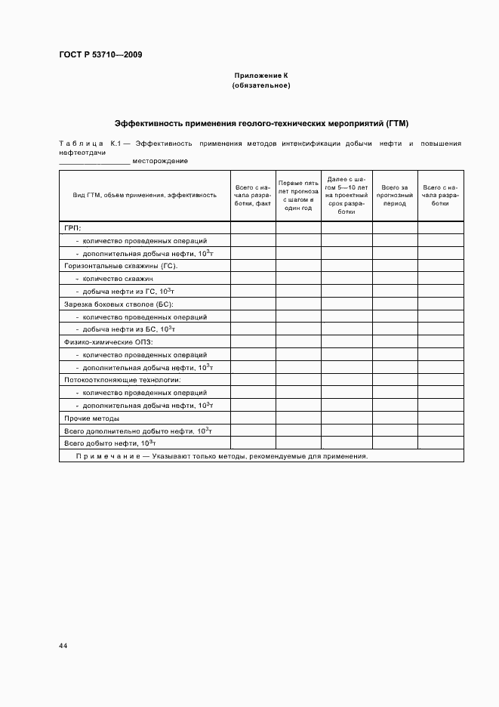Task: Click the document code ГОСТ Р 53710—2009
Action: pos(100,55)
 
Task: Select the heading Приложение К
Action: pos(260,76)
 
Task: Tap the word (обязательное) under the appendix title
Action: pos(260,85)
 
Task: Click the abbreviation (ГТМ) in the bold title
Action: pos(397,122)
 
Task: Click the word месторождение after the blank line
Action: pos(160,161)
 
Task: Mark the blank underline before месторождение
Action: pos(94,162)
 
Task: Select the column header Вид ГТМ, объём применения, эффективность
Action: pos(144,195)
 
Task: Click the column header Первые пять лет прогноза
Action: pos(297,195)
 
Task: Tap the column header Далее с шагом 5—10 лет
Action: pos(346,195)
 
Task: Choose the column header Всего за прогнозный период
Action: pos(394,195)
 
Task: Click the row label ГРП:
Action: pos(72,227)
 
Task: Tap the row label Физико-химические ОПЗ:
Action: pos(109,342)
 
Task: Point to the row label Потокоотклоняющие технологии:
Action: pos(122,380)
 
